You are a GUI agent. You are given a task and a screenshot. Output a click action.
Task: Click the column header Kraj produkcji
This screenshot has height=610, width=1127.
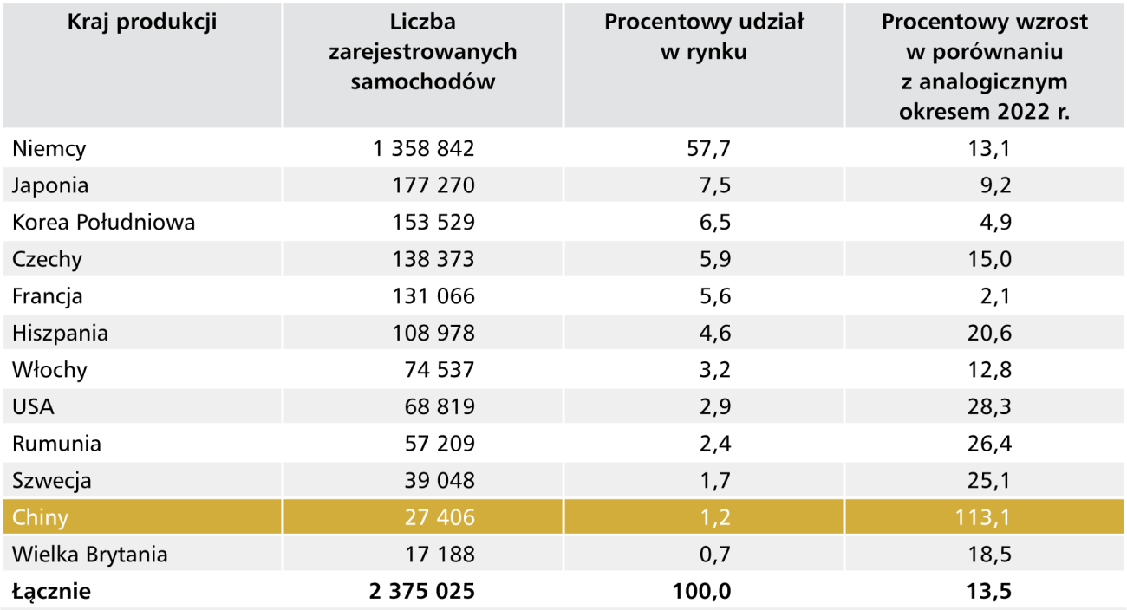[142, 23]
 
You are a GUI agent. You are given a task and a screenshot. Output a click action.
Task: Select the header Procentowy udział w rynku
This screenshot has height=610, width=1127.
[703, 37]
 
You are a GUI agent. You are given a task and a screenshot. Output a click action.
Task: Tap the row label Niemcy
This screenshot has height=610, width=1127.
[49, 149]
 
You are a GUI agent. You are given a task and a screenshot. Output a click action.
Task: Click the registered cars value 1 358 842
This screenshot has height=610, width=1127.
[424, 149]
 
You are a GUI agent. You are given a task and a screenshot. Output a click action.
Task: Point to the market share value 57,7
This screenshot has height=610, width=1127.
[708, 149]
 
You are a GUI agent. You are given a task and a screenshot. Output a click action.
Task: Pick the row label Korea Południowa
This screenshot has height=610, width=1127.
[103, 223]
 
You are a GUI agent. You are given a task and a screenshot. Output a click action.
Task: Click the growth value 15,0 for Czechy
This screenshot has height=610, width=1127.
[989, 259]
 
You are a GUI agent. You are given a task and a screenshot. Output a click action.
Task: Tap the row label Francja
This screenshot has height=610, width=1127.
[48, 296]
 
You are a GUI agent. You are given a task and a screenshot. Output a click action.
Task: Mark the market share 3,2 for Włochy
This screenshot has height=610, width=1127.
[713, 371]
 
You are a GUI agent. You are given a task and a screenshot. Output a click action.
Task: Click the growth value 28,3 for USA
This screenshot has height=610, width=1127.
[989, 407]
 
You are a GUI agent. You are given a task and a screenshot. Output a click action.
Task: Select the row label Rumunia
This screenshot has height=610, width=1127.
[56, 445]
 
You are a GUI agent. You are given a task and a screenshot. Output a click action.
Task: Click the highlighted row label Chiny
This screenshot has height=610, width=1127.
[40, 518]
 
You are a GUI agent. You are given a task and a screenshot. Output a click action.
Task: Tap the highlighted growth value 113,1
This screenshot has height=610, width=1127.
[983, 518]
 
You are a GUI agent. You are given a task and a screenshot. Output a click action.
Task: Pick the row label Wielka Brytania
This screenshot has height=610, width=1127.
[90, 555]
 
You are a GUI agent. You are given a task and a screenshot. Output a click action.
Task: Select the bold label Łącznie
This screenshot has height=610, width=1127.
[51, 592]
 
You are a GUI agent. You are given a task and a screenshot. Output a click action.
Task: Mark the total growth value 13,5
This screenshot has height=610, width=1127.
[989, 592]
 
